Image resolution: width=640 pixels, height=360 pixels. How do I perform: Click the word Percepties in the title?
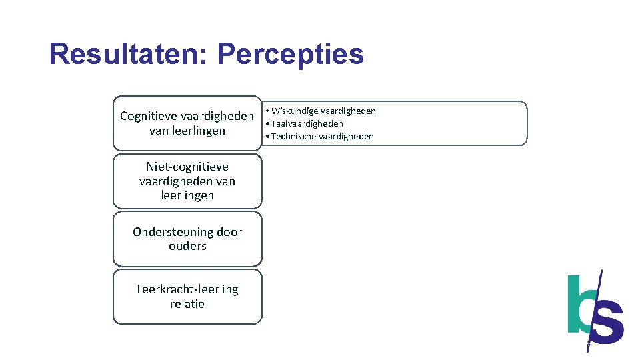pyautogui.click(x=291, y=55)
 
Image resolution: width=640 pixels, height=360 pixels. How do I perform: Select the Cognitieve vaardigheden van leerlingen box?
pyautogui.click(x=187, y=123)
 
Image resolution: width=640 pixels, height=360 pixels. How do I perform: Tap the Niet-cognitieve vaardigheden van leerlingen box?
pyautogui.click(x=187, y=181)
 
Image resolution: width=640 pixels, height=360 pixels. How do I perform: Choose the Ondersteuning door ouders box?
pyautogui.click(x=187, y=239)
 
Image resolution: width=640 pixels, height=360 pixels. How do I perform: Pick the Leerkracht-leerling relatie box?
pyautogui.click(x=187, y=297)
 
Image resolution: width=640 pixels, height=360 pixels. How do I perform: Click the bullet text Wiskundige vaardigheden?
pyautogui.click(x=323, y=111)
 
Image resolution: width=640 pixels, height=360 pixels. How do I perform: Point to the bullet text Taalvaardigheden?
pyautogui.click(x=307, y=123)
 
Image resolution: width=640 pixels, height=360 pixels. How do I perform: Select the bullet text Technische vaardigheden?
pyautogui.click(x=323, y=136)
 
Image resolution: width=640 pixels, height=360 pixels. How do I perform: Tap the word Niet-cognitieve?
pyautogui.click(x=187, y=167)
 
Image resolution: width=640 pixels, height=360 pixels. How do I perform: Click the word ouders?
pyautogui.click(x=187, y=246)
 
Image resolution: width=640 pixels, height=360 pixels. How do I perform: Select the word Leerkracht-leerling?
pyautogui.click(x=187, y=289)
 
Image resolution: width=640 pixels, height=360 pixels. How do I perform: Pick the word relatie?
pyautogui.click(x=187, y=304)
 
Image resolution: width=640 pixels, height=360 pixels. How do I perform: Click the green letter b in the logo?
pyautogui.click(x=578, y=305)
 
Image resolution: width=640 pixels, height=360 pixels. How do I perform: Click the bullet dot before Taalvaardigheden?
pyautogui.click(x=267, y=123)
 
